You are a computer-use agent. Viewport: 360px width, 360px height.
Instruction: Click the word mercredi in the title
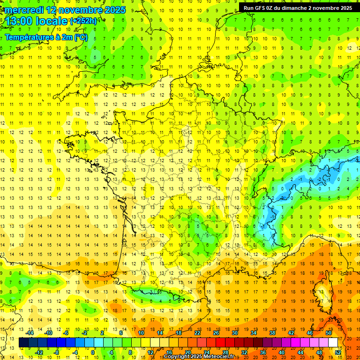click(23, 10)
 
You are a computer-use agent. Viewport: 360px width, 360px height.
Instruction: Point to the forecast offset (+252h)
click(83, 21)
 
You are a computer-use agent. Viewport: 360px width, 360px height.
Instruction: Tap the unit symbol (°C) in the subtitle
click(81, 37)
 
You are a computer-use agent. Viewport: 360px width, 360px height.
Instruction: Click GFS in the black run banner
click(261, 8)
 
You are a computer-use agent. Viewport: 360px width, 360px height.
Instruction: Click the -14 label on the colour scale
click(30, 333)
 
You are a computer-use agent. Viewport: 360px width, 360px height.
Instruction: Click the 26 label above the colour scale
click(216, 333)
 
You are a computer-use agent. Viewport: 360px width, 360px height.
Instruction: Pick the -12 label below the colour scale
click(40, 352)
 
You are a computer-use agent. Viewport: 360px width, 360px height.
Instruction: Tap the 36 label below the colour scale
click(263, 352)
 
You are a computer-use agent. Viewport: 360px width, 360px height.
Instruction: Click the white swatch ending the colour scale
click(333, 343)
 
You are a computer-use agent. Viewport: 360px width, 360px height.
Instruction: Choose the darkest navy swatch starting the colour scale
click(23, 343)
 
